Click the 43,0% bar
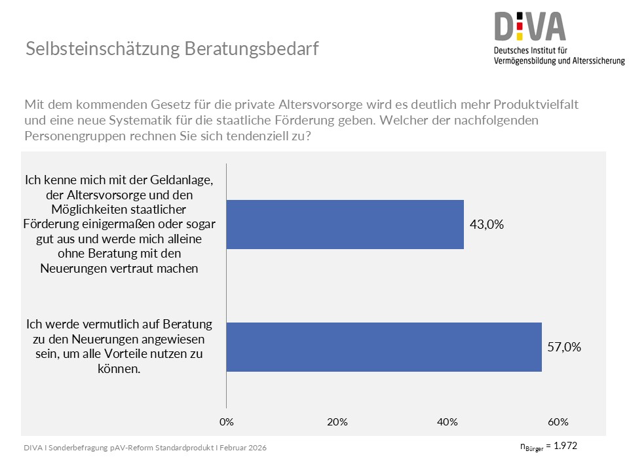point(345,224)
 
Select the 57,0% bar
point(384,347)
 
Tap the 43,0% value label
point(487,224)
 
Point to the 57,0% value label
point(564,347)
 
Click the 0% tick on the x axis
point(226,421)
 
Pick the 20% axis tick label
point(337,421)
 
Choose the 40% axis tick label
point(448,421)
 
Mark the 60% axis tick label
point(558,421)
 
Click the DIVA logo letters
point(530,26)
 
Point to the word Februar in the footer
point(232,447)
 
